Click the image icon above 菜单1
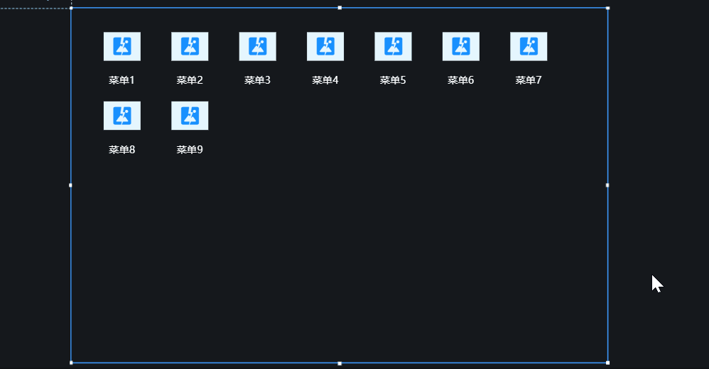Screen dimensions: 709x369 122,46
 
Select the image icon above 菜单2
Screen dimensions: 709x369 190,46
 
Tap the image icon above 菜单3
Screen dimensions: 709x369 258,46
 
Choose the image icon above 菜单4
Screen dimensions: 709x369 325,46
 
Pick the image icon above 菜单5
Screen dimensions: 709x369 394,46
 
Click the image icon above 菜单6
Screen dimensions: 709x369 461,46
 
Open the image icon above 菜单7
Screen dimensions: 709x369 529,46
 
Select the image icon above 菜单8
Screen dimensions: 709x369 122,116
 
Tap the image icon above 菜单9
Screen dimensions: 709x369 190,116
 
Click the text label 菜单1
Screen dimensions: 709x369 122,80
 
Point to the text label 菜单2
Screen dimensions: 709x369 190,80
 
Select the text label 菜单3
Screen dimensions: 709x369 258,80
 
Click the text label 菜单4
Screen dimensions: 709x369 325,80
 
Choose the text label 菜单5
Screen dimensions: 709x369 393,80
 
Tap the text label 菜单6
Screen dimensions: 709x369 461,80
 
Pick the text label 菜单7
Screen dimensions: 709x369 529,80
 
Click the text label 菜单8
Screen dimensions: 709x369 122,150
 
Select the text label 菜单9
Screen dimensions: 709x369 190,150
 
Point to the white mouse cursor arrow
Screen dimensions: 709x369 656,283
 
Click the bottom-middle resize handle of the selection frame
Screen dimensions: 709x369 340,363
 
